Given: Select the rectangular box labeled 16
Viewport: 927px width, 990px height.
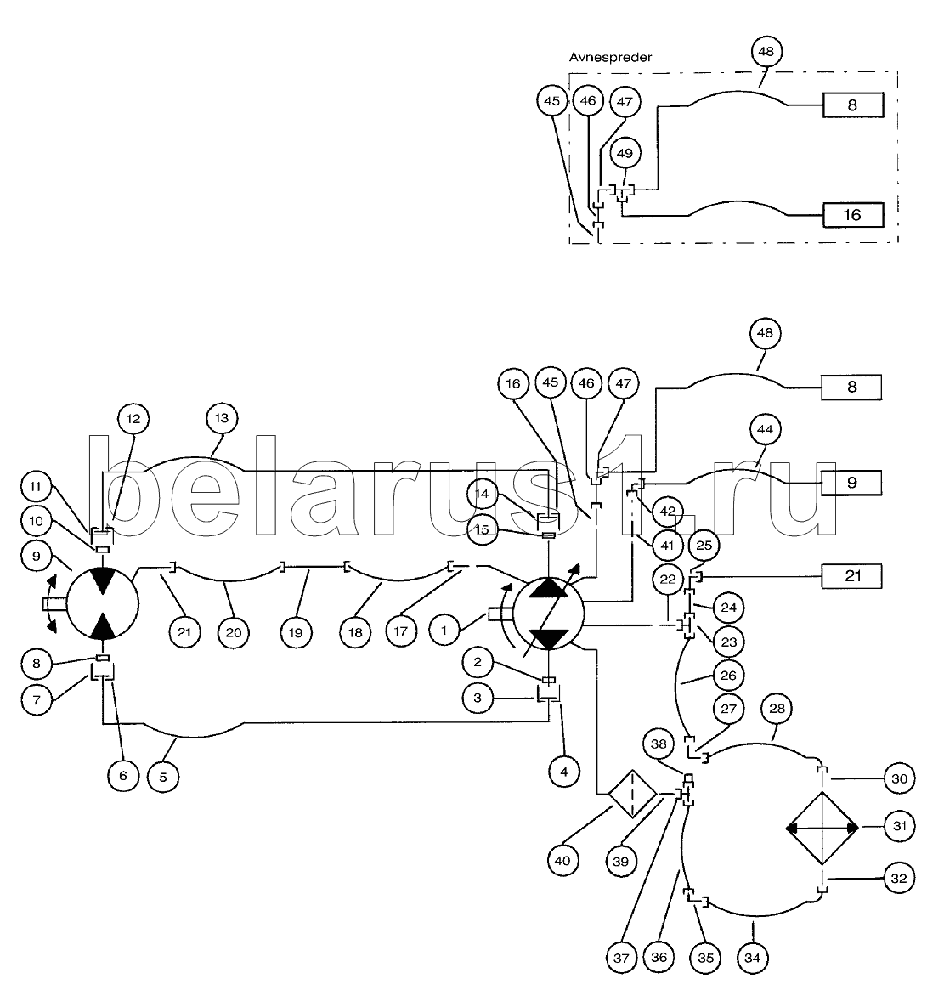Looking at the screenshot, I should pyautogui.click(x=851, y=215).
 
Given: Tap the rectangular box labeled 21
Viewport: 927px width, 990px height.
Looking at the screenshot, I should pyautogui.click(x=851, y=576).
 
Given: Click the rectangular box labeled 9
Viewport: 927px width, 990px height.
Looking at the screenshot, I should pyautogui.click(x=851, y=482).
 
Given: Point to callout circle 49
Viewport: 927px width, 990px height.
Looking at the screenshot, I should pyautogui.click(x=625, y=153).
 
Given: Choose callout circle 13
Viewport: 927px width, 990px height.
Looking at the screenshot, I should pyautogui.click(x=222, y=418).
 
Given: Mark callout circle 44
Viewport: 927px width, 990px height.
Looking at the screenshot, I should pyautogui.click(x=765, y=431).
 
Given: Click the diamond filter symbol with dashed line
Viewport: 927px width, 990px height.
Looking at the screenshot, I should pyautogui.click(x=632, y=794).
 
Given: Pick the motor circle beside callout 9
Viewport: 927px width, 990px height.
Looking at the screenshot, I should pyautogui.click(x=103, y=603).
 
